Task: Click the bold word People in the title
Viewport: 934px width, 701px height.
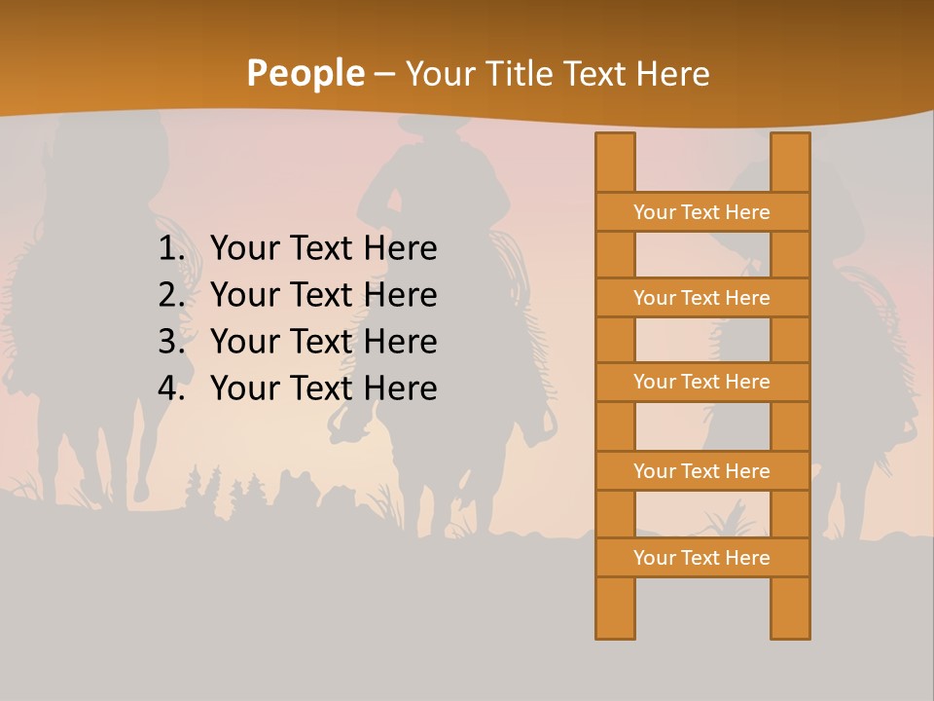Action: pyautogui.click(x=305, y=74)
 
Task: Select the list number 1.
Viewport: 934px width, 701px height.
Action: pyautogui.click(x=171, y=249)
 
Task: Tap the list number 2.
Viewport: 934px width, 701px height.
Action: pyautogui.click(x=171, y=295)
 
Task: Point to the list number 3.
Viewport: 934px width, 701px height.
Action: pyautogui.click(x=171, y=342)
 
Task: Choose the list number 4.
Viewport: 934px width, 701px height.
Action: pyautogui.click(x=171, y=388)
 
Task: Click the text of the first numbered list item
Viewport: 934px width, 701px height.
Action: pyautogui.click(x=323, y=249)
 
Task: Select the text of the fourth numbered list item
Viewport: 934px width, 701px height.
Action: pyautogui.click(x=323, y=388)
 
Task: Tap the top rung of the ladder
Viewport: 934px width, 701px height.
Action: pyautogui.click(x=701, y=212)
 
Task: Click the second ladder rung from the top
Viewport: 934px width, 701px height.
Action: pyautogui.click(x=701, y=298)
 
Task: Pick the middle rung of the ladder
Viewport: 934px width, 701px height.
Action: pyautogui.click(x=701, y=382)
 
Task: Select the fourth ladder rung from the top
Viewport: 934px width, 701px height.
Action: pyautogui.click(x=701, y=471)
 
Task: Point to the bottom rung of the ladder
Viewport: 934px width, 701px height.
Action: pyautogui.click(x=701, y=558)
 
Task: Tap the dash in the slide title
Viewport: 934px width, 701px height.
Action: pyautogui.click(x=384, y=75)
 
